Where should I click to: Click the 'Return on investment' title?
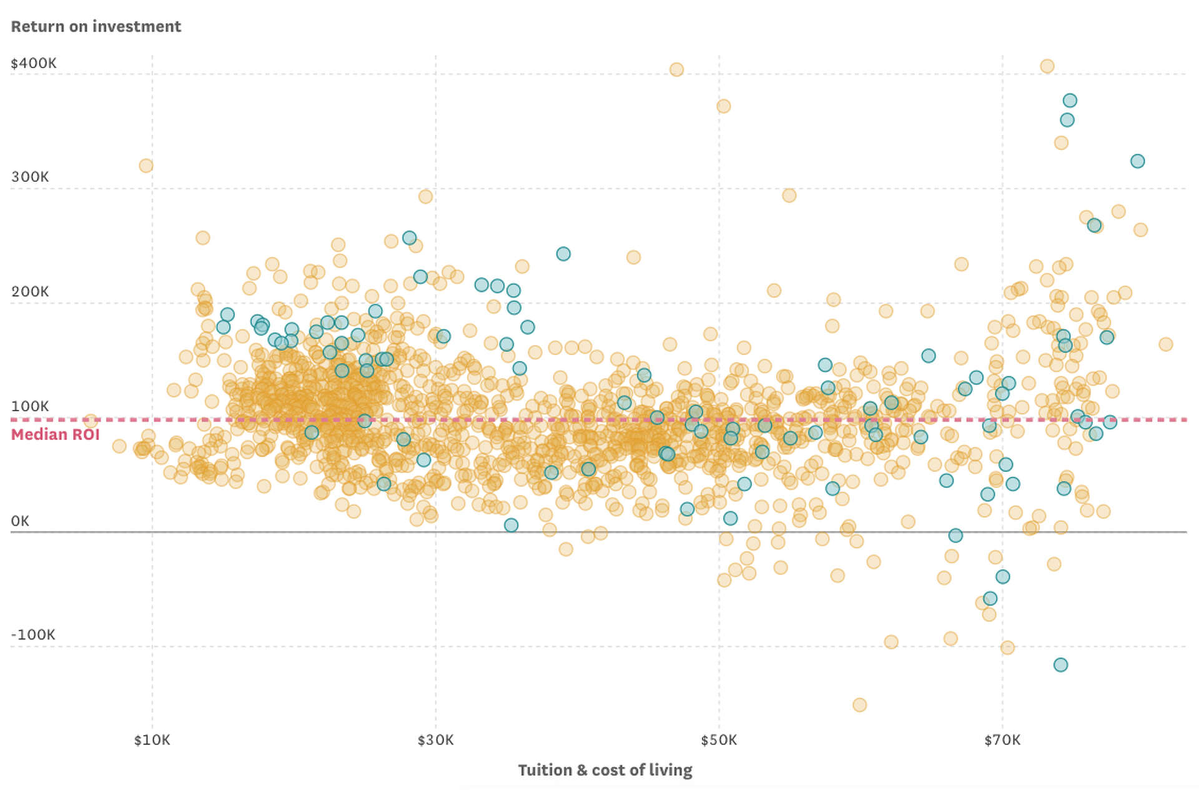click(x=96, y=26)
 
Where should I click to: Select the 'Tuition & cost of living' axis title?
click(x=604, y=770)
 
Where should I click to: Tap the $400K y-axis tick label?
click(x=34, y=63)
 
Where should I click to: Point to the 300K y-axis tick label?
click(x=30, y=177)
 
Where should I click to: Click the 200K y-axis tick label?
click(x=30, y=291)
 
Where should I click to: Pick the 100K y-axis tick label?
click(x=30, y=406)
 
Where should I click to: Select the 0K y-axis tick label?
click(x=20, y=521)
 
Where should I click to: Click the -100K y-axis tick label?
click(x=33, y=635)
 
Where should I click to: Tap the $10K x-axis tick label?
click(x=152, y=741)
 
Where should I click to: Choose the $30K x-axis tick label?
click(x=435, y=741)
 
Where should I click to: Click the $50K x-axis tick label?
click(x=719, y=741)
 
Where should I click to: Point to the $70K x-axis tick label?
click(x=1002, y=741)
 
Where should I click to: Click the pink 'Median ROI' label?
click(x=56, y=434)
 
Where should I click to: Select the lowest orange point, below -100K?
click(x=859, y=705)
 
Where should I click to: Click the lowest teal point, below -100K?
click(x=1060, y=665)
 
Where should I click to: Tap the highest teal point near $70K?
click(x=1070, y=101)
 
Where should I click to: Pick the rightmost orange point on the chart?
click(x=1165, y=344)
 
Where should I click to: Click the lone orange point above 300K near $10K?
click(x=146, y=166)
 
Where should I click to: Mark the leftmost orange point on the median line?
click(x=91, y=421)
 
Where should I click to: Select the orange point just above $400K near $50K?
click(x=676, y=69)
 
